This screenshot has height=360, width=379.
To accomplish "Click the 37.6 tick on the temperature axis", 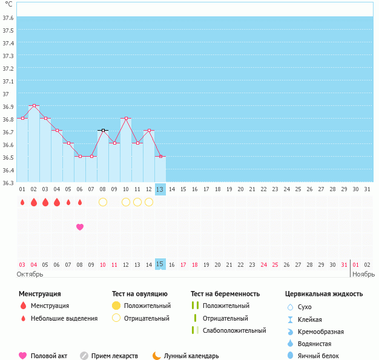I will [8, 18].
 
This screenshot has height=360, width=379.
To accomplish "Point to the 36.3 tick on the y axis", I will [8, 182].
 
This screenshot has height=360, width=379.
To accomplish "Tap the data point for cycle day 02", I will [34, 106].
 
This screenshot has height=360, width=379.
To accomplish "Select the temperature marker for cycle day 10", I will [125, 119].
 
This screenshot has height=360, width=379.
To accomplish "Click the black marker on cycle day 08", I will [103, 131].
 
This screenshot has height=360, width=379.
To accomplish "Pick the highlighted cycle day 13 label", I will [160, 189].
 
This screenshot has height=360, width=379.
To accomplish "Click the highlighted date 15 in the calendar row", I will [160, 264].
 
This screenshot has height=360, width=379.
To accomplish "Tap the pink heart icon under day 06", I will [80, 227].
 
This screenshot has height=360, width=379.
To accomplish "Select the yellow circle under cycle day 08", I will [103, 202].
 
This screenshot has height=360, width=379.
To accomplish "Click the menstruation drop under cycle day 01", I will [22, 202].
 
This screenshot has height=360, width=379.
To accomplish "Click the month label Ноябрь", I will [363, 274].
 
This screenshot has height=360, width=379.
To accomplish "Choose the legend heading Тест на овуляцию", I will [140, 294].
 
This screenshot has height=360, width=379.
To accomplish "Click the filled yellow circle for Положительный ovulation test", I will [116, 306].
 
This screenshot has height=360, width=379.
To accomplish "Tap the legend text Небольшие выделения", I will [64, 318].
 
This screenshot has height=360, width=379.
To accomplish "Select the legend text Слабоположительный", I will [234, 330].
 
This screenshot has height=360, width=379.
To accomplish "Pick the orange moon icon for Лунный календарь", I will [157, 356].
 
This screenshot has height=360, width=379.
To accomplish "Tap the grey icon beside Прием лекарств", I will [84, 356].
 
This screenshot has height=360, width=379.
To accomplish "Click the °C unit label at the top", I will [8, 4].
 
